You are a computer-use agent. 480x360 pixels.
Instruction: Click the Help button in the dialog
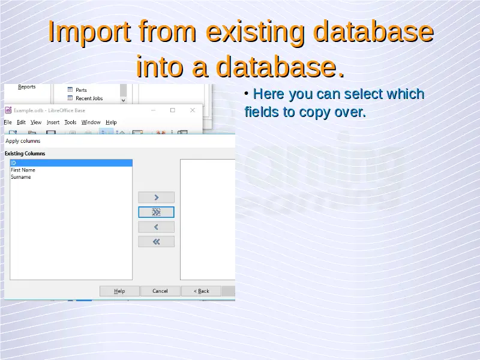[119, 291]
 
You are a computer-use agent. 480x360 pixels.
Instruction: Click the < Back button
[201, 291]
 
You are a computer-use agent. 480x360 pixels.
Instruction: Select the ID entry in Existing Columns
[71, 163]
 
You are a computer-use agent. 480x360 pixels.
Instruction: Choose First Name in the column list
[23, 170]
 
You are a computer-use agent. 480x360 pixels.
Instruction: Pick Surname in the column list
[21, 177]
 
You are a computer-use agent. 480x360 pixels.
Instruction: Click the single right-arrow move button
[156, 197]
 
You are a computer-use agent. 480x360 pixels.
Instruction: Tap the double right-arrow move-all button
[156, 212]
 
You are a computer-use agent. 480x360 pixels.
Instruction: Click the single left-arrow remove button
[156, 227]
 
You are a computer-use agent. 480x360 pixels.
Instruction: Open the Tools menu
[70, 122]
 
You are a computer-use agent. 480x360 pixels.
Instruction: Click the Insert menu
[53, 122]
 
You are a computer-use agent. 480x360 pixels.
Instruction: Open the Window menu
[91, 122]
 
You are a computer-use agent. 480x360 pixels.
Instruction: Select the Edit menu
[21, 122]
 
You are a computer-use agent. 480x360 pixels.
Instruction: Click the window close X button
[193, 110]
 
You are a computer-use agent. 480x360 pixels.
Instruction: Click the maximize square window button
[173, 110]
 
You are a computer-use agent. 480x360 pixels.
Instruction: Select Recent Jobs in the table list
[89, 98]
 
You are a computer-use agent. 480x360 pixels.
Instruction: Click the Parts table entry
[81, 90]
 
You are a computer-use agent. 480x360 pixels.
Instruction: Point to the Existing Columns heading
[25, 154]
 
